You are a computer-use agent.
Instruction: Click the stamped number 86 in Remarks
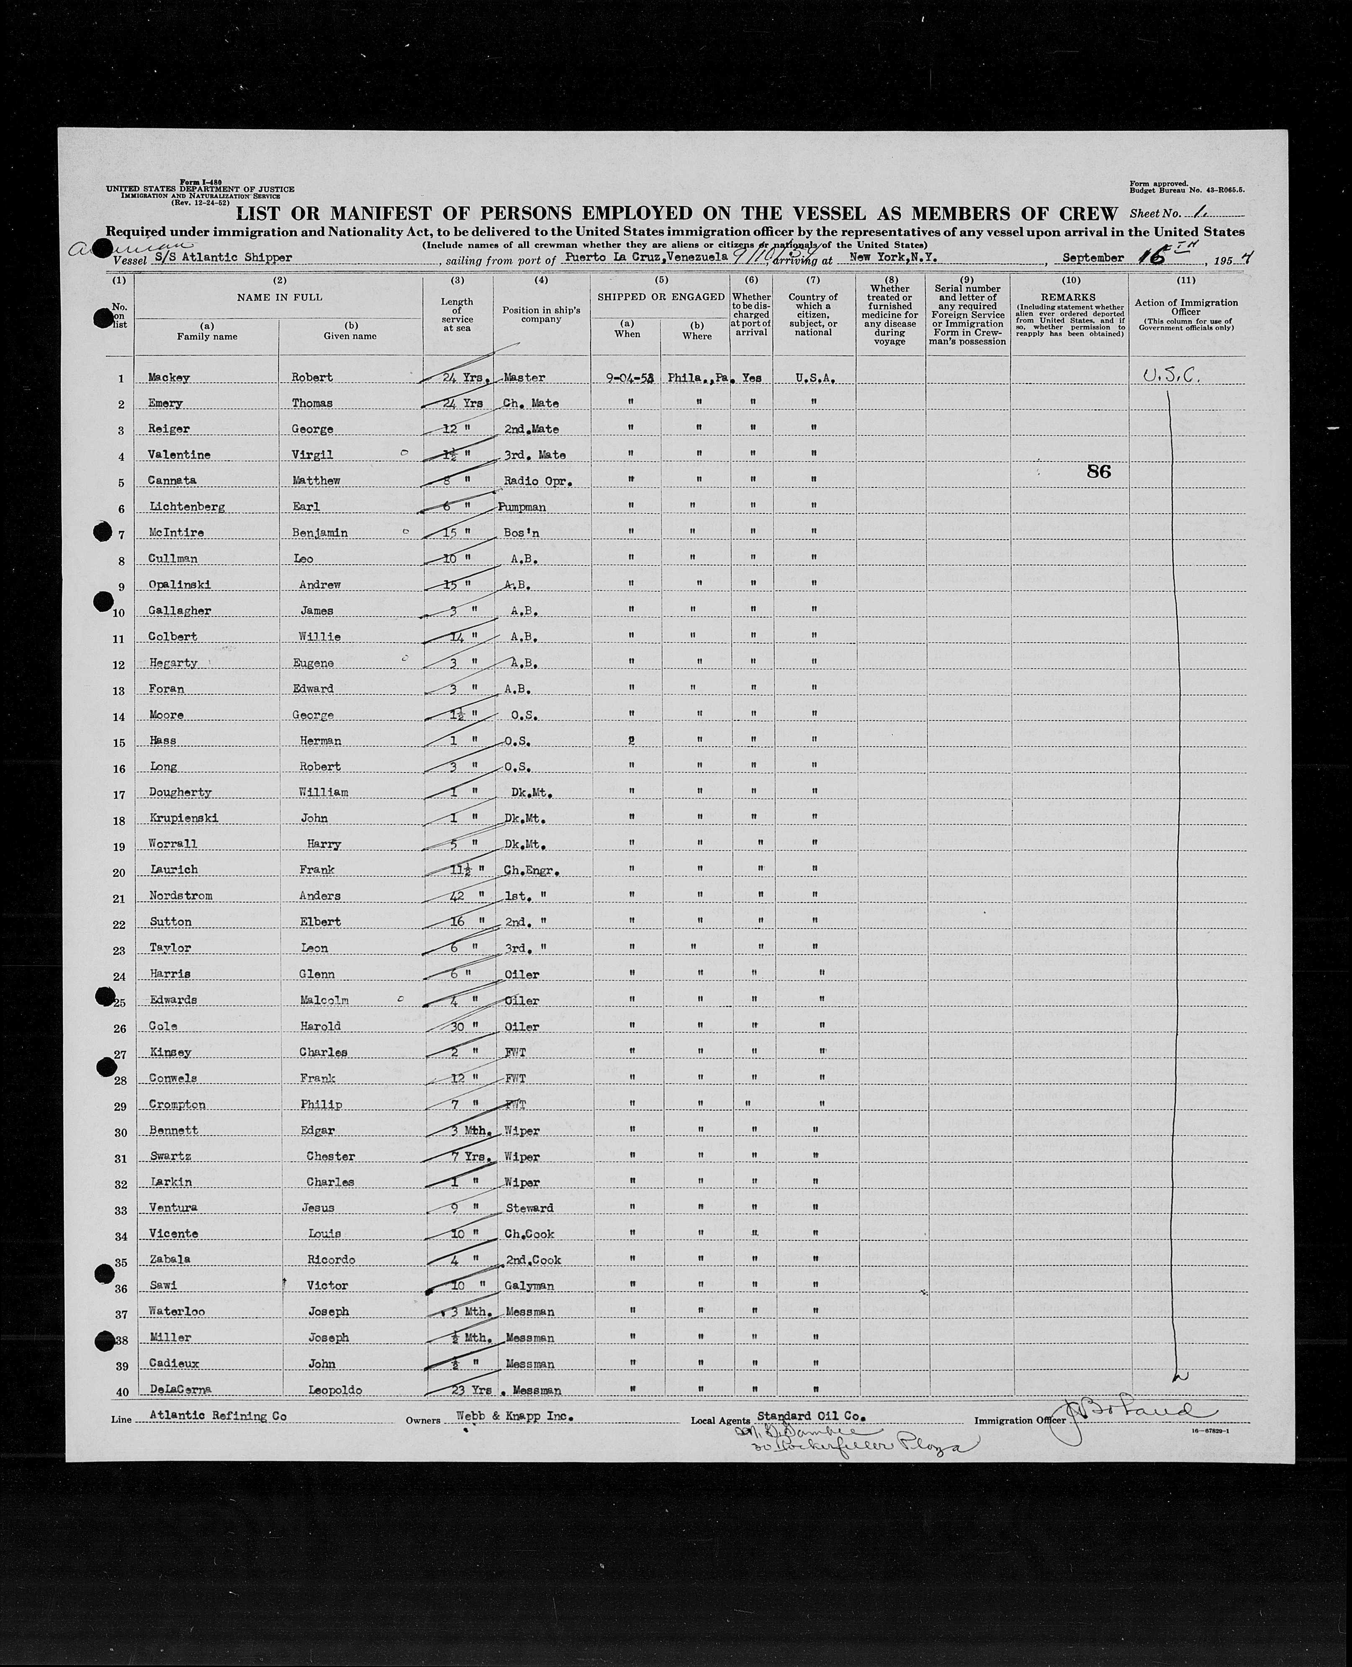click(1098, 471)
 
